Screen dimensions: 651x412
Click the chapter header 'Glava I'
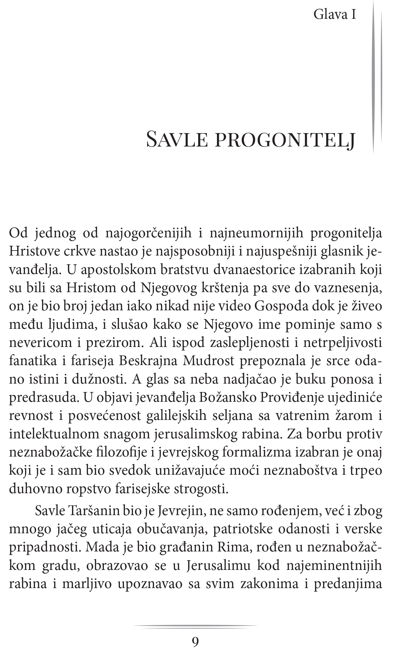coord(335,15)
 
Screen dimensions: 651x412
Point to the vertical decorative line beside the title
coord(373,78)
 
